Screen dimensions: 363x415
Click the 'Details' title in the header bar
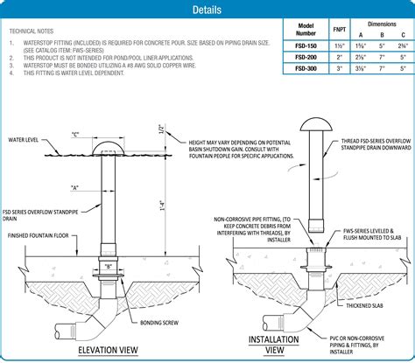pos(207,10)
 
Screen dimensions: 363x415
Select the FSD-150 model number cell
pos(306,45)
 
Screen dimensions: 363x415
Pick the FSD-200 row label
pos(306,57)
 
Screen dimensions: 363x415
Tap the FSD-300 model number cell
pos(306,68)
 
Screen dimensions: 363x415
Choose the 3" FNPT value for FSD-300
pos(339,68)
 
